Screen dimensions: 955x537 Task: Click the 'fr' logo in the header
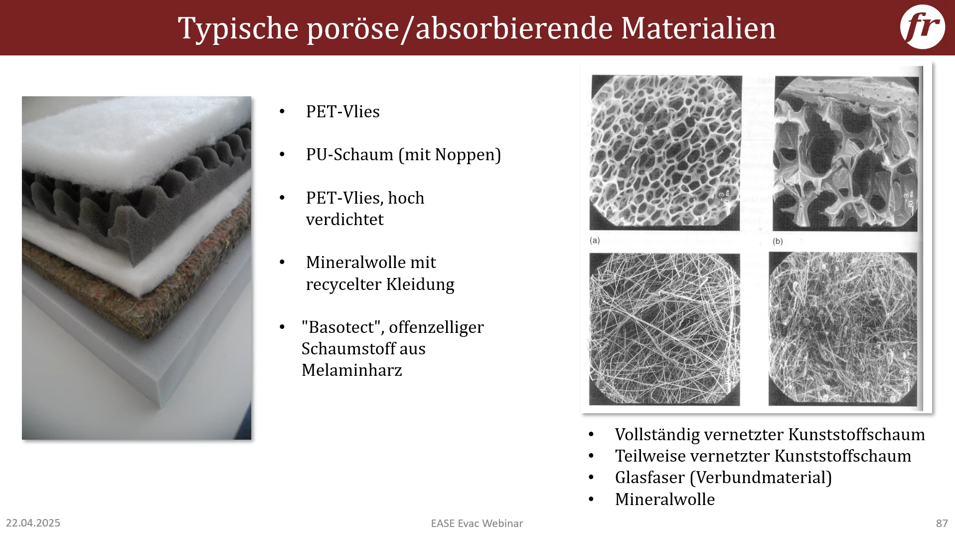tap(922, 27)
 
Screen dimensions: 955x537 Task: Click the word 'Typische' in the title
tap(238, 28)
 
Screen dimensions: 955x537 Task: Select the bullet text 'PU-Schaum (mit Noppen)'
tap(403, 155)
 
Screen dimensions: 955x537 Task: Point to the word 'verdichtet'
tap(345, 220)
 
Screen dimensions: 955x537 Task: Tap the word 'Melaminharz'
tap(352, 370)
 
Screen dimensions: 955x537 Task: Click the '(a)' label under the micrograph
tap(595, 241)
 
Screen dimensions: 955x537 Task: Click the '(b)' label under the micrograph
tap(778, 242)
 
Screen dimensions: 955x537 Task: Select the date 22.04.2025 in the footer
tap(33, 523)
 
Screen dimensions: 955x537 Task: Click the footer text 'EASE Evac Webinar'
tap(477, 524)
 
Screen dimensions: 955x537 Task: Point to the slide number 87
tap(942, 524)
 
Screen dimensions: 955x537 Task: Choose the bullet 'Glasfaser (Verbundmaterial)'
tap(723, 478)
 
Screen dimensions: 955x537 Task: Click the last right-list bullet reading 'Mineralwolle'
tap(665, 500)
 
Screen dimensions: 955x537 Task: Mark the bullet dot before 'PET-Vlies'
tap(282, 112)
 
